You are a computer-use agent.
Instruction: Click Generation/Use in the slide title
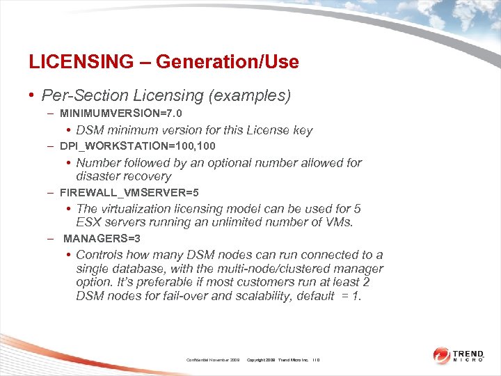pyautogui.click(x=228, y=62)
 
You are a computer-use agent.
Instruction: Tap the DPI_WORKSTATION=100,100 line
pyautogui.click(x=138, y=146)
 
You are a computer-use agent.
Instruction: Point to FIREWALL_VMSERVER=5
pyautogui.click(x=129, y=191)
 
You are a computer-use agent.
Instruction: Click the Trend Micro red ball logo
pyautogui.click(x=442, y=356)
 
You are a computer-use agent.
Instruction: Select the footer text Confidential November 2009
pyautogui.click(x=213, y=359)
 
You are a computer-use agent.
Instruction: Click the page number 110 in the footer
pyautogui.click(x=315, y=359)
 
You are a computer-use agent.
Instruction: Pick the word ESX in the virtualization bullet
pyautogui.click(x=89, y=223)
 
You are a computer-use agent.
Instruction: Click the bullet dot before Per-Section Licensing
pyautogui.click(x=33, y=95)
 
